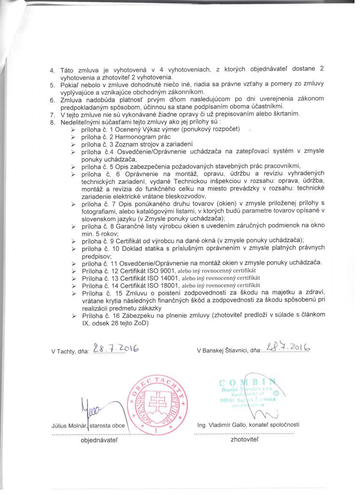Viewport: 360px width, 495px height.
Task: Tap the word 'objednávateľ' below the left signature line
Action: point(100,440)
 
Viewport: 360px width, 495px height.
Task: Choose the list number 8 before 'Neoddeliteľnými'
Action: point(53,122)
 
